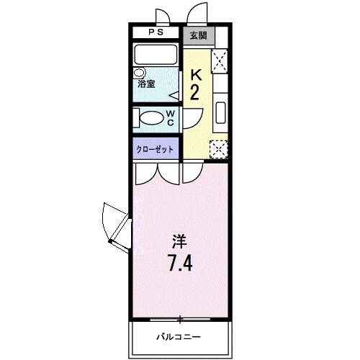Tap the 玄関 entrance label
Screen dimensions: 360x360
(x=197, y=34)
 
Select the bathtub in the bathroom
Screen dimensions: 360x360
(x=156, y=55)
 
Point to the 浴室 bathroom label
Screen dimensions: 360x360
(x=146, y=84)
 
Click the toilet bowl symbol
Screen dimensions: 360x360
(x=152, y=118)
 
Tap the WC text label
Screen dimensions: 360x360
(x=171, y=118)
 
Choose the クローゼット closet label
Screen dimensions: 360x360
(x=156, y=149)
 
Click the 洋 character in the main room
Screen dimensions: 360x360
(x=179, y=240)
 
